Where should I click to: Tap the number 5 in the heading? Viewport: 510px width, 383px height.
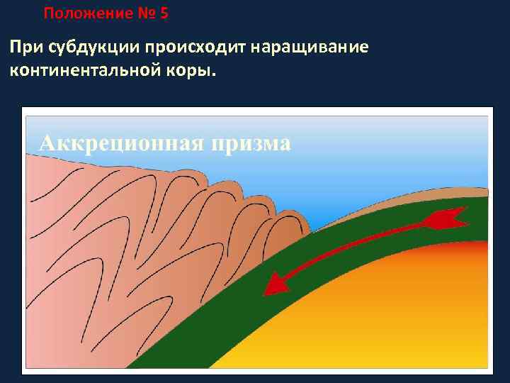(164, 13)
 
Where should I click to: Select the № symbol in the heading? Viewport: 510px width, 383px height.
(149, 13)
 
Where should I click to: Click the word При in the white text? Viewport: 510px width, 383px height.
(26, 48)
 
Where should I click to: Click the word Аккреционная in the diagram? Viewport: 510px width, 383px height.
(121, 143)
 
